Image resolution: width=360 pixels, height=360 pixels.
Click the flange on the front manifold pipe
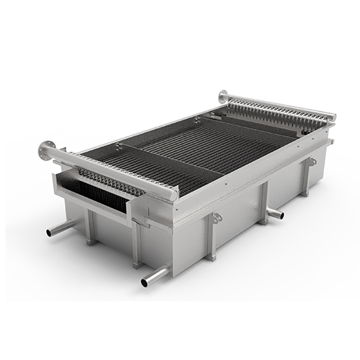[x=47, y=148]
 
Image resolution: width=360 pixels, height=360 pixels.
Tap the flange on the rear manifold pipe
[x=223, y=96]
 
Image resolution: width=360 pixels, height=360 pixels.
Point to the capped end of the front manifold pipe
[x=174, y=194]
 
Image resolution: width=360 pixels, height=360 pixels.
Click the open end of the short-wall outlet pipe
[x=49, y=233]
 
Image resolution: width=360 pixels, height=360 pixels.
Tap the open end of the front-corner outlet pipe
[x=145, y=283]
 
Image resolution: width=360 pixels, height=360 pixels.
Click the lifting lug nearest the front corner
[x=217, y=218]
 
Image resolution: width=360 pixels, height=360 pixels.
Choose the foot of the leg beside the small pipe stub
[x=262, y=222]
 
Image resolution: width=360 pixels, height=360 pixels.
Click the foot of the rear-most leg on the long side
[x=305, y=194]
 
